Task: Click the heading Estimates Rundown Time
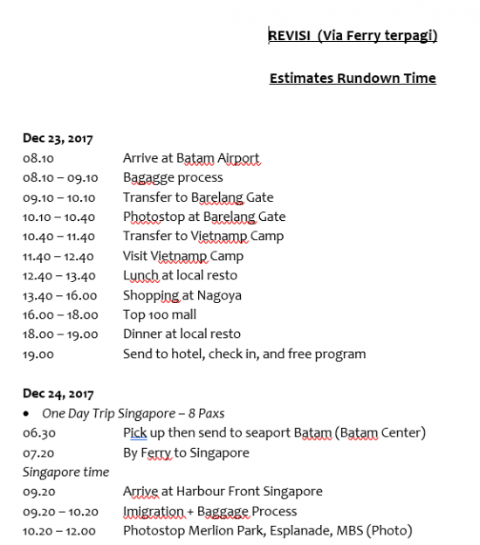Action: (353, 79)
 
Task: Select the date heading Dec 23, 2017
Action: (58, 138)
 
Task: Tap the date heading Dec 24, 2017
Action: (58, 393)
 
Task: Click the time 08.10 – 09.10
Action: (60, 177)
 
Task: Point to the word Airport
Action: (237, 158)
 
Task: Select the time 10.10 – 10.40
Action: (60, 217)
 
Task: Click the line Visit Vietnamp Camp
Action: (182, 256)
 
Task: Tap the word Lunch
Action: (141, 276)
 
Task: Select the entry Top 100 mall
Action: (160, 314)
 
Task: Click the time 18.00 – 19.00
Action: (60, 334)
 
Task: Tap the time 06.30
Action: (38, 432)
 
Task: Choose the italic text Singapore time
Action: (65, 472)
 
